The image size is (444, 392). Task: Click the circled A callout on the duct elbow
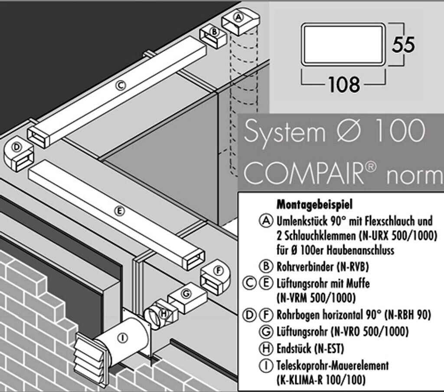click(238, 17)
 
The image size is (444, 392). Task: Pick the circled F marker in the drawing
click(219, 270)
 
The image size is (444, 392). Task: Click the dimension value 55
click(403, 45)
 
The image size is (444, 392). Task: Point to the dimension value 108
click(343, 84)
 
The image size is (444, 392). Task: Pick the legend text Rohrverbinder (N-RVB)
click(322, 265)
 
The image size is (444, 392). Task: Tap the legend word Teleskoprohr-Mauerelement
click(332, 365)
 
